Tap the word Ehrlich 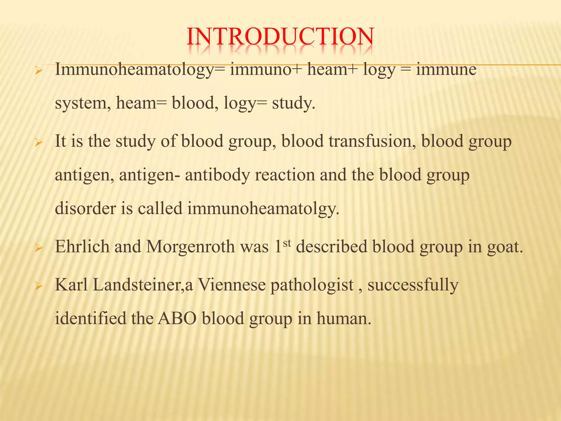pos(82,247)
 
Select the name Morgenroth pos(190,247)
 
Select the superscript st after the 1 pos(287,243)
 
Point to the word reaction pos(285,175)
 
